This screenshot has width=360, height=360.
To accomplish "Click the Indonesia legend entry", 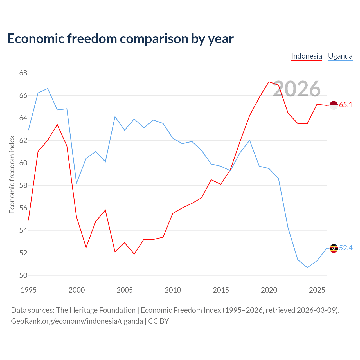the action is (x=306, y=56).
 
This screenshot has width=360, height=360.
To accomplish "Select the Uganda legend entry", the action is (x=340, y=56).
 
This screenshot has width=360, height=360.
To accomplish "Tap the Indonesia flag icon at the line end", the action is (x=334, y=105).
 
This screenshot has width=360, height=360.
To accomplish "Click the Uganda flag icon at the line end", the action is (x=334, y=248).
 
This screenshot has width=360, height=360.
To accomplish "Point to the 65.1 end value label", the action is (x=346, y=105).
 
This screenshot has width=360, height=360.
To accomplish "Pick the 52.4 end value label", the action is (x=346, y=248).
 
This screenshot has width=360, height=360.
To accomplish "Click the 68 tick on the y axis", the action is (x=23, y=73).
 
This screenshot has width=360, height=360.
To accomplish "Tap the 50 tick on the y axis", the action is (x=23, y=275).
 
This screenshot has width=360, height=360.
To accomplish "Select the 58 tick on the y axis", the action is (x=23, y=186).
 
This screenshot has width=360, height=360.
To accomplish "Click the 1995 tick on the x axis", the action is (x=29, y=290).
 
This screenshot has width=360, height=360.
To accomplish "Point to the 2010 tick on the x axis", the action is (x=173, y=290).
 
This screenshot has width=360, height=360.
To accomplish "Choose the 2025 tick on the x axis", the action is (x=317, y=290).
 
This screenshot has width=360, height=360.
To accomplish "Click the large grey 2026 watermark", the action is (x=297, y=89).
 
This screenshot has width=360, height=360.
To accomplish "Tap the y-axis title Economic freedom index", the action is (x=12, y=174).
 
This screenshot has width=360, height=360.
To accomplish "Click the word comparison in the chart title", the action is (x=154, y=39).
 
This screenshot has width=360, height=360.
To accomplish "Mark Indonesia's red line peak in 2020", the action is (x=269, y=82).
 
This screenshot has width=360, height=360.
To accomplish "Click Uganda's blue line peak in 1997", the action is (x=48, y=89).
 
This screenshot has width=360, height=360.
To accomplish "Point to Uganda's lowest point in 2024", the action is (x=307, y=267).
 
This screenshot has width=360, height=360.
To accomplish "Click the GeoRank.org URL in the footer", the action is (x=77, y=321).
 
